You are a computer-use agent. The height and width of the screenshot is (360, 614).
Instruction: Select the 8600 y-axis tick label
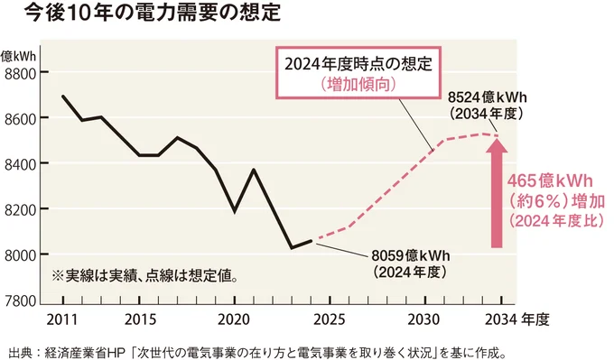click(22, 118)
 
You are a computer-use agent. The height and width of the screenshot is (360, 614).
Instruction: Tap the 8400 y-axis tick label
click(22, 163)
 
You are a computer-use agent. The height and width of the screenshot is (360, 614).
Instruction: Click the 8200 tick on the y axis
click(22, 209)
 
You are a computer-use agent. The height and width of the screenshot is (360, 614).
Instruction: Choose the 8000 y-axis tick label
click(22, 254)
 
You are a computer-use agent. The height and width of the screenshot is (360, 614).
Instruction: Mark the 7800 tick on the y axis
click(22, 300)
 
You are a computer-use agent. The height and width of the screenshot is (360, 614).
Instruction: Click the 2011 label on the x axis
click(62, 318)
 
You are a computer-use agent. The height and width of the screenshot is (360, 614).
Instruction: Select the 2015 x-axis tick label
click(139, 318)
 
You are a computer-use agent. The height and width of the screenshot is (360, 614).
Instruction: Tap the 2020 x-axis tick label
click(235, 318)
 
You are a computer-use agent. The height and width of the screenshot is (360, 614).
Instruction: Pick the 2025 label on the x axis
click(330, 318)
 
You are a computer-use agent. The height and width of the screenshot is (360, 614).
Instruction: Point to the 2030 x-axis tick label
click(425, 318)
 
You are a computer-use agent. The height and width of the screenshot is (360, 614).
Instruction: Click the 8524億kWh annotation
click(488, 105)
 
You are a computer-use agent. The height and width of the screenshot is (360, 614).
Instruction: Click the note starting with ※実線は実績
click(145, 273)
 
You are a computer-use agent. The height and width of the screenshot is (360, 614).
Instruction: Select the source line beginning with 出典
click(262, 347)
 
